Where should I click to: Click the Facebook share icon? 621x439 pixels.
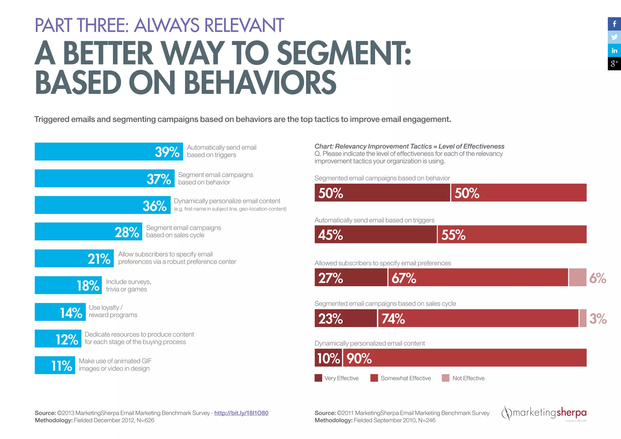pyautogui.click(x=614, y=24)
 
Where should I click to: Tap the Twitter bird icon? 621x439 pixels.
pyautogui.click(x=614, y=37)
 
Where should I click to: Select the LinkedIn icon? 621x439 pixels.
pyautogui.click(x=614, y=50)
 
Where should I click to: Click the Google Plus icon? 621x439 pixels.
pyautogui.click(x=614, y=64)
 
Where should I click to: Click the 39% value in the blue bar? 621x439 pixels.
pyautogui.click(x=167, y=152)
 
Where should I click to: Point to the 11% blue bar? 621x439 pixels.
pyautogui.click(x=55, y=365)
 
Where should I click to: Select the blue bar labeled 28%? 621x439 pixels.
pyautogui.click(x=88, y=232)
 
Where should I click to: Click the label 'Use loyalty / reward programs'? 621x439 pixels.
pyautogui.click(x=113, y=311)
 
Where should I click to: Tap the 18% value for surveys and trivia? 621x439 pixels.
pyautogui.click(x=88, y=286)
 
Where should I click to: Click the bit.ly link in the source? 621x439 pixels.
pyautogui.click(x=241, y=413)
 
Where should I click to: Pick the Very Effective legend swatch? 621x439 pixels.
pyautogui.click(x=318, y=378)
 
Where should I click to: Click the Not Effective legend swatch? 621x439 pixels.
pyautogui.click(x=445, y=378)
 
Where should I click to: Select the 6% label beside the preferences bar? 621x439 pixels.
pyautogui.click(x=598, y=278)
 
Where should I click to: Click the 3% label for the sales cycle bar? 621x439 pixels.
pyautogui.click(x=598, y=319)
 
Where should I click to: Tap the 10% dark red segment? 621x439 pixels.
pyautogui.click(x=328, y=358)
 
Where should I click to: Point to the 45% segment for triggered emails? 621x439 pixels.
pyautogui.click(x=375, y=235)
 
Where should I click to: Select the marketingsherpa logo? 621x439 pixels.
pyautogui.click(x=544, y=413)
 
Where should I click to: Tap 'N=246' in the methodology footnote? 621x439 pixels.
pyautogui.click(x=427, y=421)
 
